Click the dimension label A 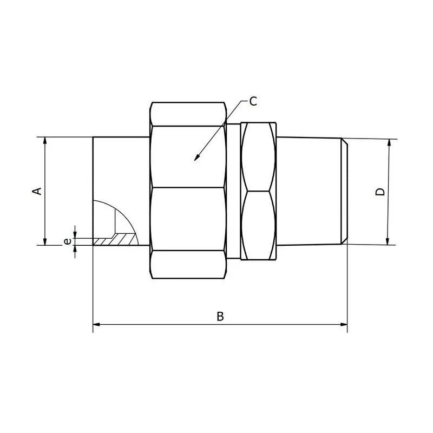(x=37, y=191)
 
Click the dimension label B (x=220, y=317)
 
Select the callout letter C (x=253, y=101)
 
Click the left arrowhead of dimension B (x=95, y=325)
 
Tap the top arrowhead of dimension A (x=45, y=139)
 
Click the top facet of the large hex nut (x=188, y=114)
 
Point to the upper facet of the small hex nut (x=259, y=157)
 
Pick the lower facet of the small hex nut (x=259, y=225)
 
